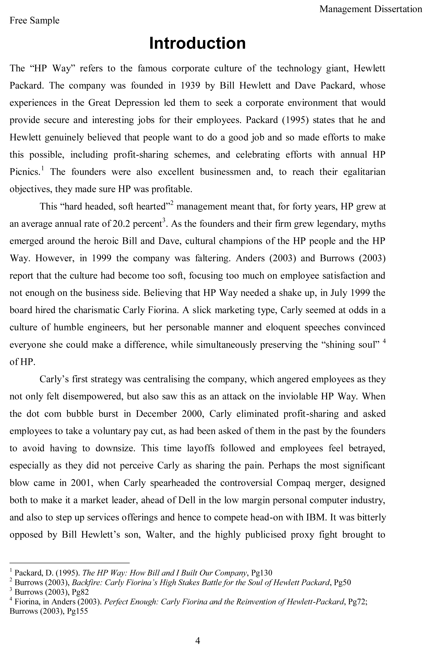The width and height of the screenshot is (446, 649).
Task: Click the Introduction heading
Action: tap(197, 43)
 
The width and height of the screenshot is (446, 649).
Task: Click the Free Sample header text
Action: tap(34, 20)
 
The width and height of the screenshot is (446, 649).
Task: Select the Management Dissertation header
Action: tap(371, 9)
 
